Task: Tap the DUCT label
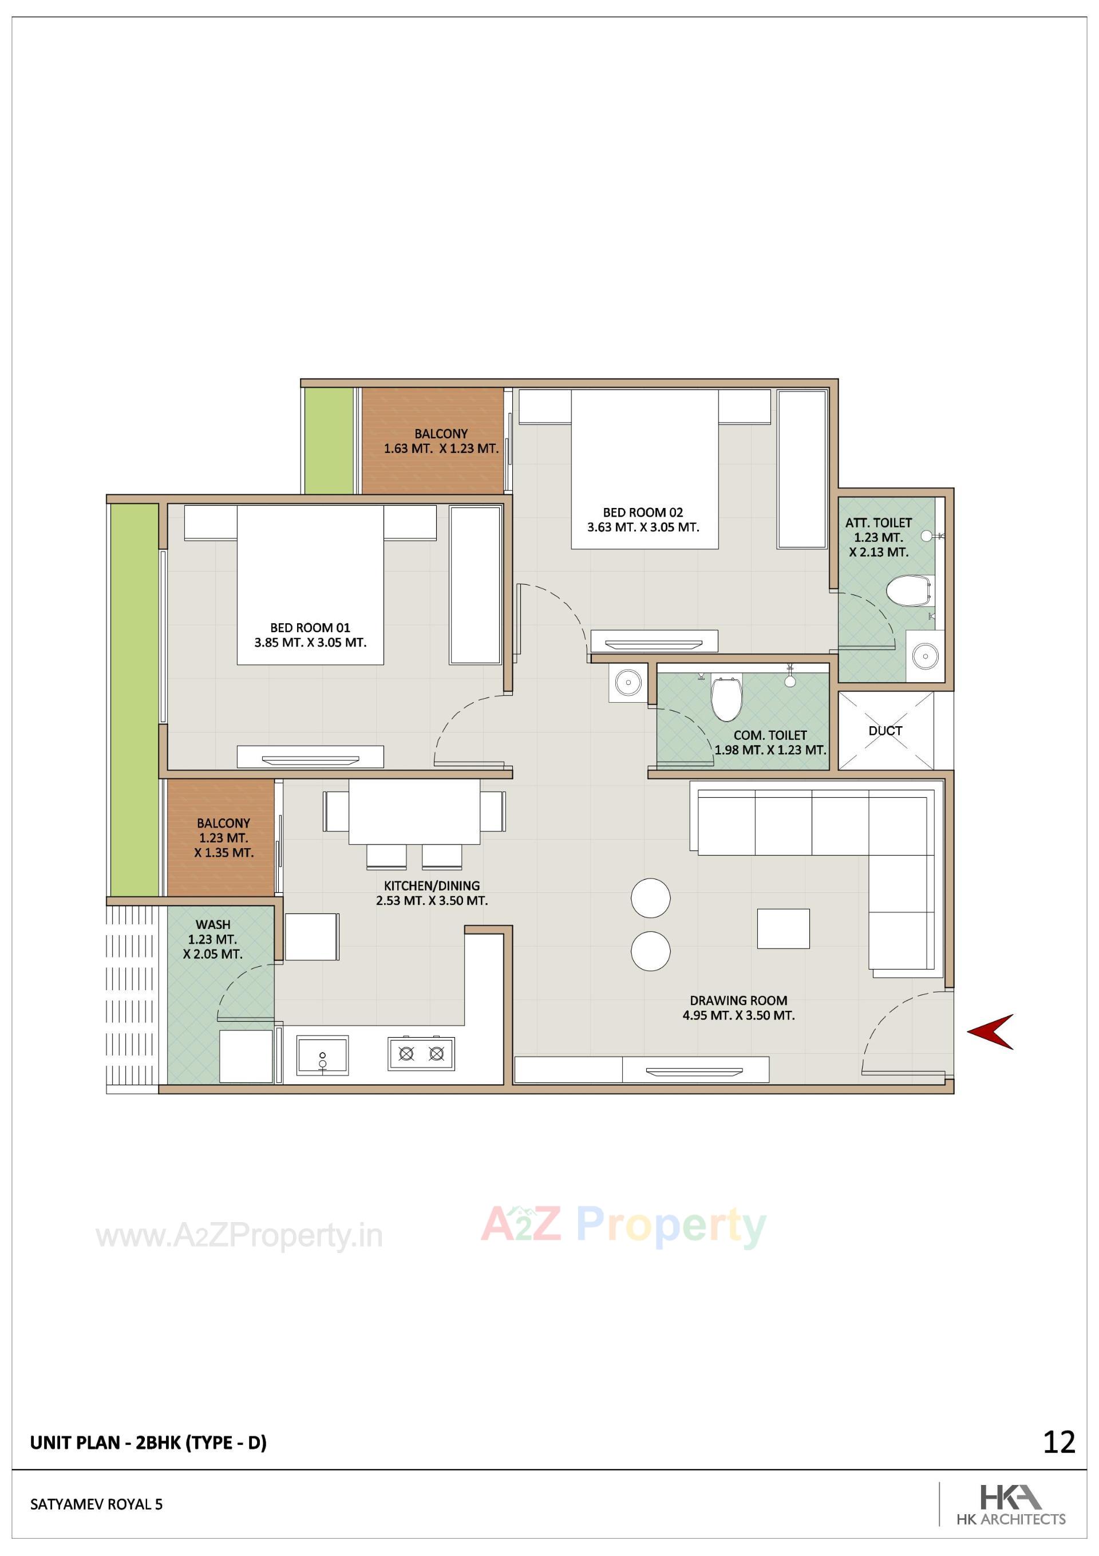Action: point(885,731)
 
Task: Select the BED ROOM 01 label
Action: point(310,628)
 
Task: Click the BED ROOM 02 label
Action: point(642,513)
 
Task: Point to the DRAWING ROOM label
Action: point(738,1000)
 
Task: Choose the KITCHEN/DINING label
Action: point(432,885)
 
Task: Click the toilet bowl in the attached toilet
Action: point(907,591)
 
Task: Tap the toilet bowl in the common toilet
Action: point(726,698)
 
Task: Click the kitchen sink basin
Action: point(322,1055)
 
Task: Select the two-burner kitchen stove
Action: point(421,1053)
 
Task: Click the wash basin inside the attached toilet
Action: point(923,655)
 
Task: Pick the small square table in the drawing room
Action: point(782,928)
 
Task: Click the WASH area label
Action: point(213,924)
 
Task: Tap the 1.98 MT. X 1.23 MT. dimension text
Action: point(770,750)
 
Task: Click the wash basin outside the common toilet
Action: point(628,682)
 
